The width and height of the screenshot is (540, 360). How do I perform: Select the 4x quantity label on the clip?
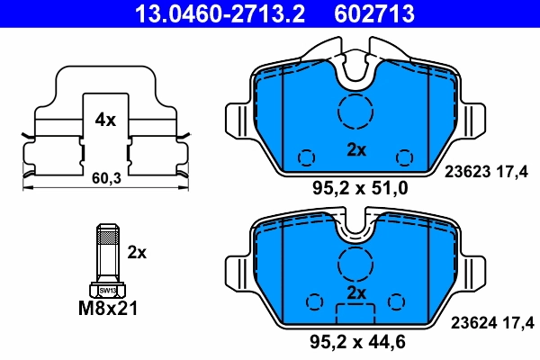click(105, 120)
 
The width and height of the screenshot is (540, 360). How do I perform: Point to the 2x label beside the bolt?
click(137, 252)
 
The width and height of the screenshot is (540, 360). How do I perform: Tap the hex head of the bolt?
click(107, 290)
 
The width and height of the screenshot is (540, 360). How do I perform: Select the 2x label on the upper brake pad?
click(356, 150)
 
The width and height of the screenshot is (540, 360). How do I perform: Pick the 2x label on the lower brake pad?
click(356, 294)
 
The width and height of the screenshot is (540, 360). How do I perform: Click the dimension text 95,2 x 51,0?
click(359, 188)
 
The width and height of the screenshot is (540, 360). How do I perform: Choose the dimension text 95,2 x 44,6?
click(359, 341)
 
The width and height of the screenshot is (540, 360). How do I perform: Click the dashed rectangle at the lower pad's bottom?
click(356, 315)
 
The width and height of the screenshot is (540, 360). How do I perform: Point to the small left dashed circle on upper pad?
click(307, 157)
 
